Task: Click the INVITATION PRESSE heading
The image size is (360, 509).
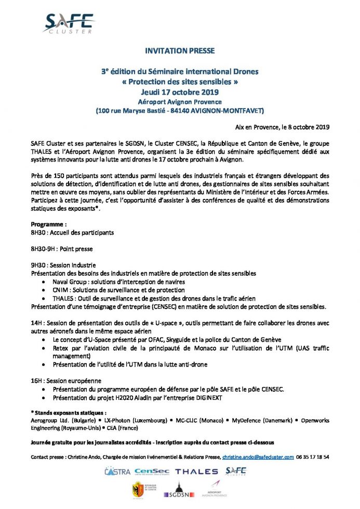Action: pyautogui.click(x=179, y=51)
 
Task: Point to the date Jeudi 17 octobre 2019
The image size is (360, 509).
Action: pyautogui.click(x=179, y=91)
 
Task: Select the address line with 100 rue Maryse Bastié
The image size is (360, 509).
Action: pyautogui.click(x=179, y=111)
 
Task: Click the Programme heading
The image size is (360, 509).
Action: pyautogui.click(x=49, y=224)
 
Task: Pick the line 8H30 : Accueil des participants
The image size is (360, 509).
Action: pyautogui.click(x=72, y=233)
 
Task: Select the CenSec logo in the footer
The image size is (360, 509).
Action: pyautogui.click(x=151, y=472)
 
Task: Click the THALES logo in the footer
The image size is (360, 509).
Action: pyautogui.click(x=196, y=472)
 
